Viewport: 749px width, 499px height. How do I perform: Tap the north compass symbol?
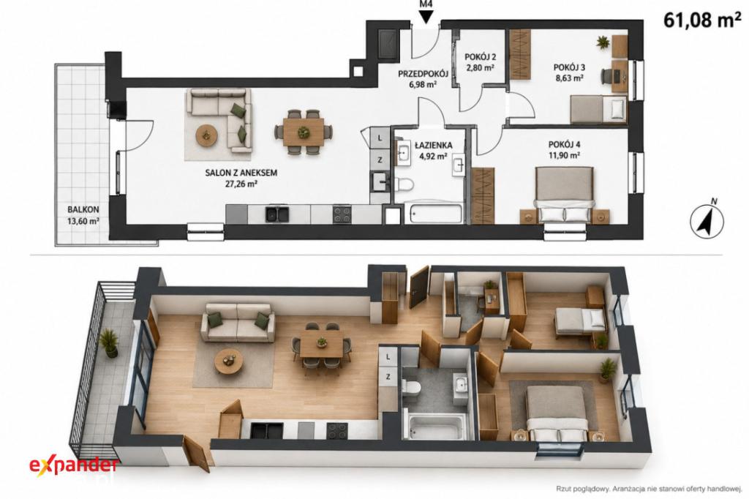(707, 220)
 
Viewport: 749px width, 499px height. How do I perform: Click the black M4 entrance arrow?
(426, 18)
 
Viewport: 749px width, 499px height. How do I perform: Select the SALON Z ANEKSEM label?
(241, 173)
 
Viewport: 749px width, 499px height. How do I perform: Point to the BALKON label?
(83, 209)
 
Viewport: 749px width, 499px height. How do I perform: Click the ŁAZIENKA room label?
(433, 146)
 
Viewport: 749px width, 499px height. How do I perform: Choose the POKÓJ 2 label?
(479, 57)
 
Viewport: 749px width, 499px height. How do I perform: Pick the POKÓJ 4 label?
(565, 144)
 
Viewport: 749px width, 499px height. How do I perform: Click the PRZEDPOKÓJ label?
(423, 74)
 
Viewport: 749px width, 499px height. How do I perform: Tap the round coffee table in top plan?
(206, 135)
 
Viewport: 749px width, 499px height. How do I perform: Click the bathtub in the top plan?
(434, 214)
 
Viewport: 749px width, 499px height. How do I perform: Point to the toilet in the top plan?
(405, 184)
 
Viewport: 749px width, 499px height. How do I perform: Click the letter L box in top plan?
(380, 138)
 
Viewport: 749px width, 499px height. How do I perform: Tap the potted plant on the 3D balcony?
(110, 342)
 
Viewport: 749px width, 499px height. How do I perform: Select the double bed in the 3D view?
(556, 413)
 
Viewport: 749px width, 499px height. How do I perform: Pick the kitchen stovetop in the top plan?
(342, 214)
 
